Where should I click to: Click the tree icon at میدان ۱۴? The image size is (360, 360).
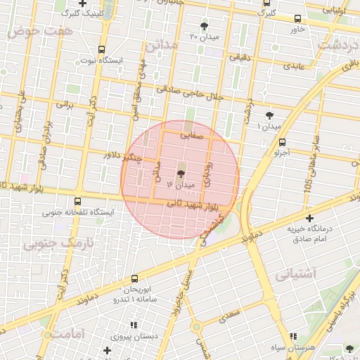tap(181, 173)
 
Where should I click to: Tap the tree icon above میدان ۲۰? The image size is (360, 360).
tap(204, 26)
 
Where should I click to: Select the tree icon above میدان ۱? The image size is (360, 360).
tap(269, 115)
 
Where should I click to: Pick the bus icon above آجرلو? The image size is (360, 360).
tap(282, 141)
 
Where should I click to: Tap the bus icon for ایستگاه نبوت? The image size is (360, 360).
tap(102, 50)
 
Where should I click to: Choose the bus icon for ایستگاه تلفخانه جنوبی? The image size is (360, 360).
tap(77, 200)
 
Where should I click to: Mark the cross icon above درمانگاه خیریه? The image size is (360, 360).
tap(309, 219)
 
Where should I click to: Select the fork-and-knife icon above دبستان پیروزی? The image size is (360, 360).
tap(131, 325)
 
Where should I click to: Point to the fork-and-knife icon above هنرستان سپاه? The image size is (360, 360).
tap(293, 337)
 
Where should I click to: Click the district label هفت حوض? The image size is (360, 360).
tap(32, 33)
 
